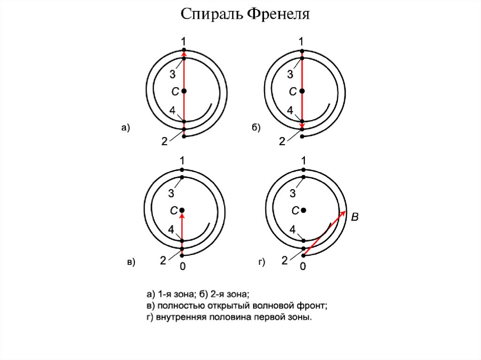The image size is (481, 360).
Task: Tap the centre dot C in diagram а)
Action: [x=184, y=91]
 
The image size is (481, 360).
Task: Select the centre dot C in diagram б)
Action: [x=303, y=91]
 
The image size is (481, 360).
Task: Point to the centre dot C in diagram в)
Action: [x=182, y=210]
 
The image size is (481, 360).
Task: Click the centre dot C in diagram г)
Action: [x=304, y=210]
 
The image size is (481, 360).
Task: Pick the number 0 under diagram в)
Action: [x=182, y=267]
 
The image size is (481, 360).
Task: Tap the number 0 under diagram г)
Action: [x=303, y=267]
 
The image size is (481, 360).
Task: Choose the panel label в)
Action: [x=131, y=262]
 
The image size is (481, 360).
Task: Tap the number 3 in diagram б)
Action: [x=290, y=75]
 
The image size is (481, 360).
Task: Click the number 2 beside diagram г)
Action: [x=284, y=261]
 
